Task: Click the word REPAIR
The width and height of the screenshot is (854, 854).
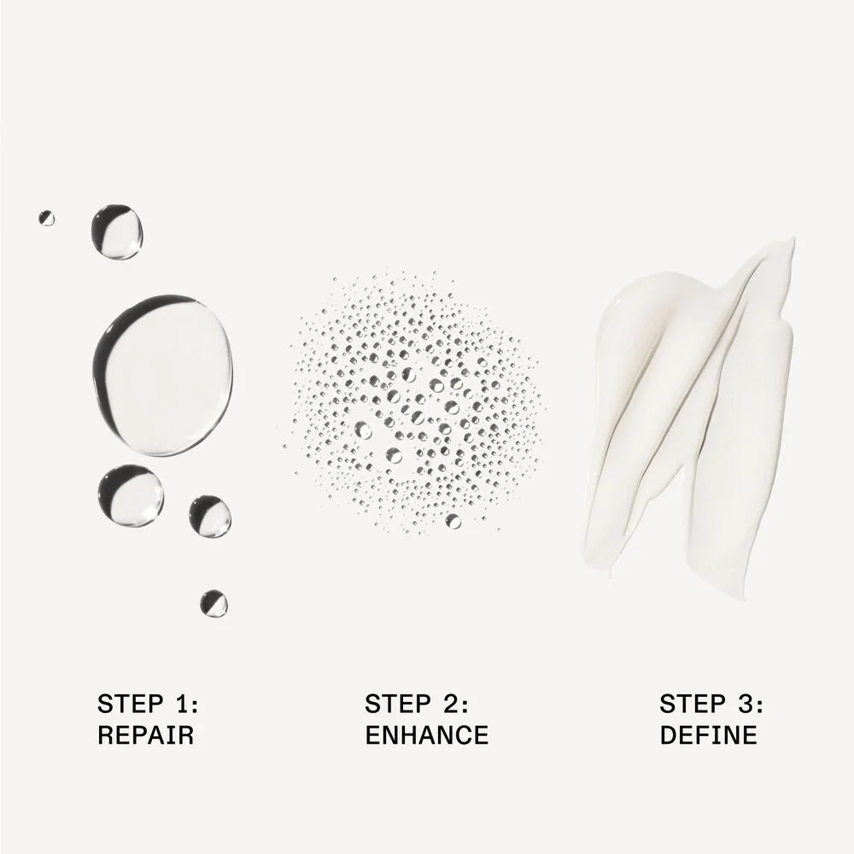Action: [145, 734]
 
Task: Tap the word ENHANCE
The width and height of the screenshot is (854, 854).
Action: [427, 734]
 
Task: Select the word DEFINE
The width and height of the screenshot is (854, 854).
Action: [709, 734]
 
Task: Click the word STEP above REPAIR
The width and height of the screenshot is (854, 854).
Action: [130, 704]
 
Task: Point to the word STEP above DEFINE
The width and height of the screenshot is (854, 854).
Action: [693, 704]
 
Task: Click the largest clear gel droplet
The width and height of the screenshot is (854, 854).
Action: [163, 375]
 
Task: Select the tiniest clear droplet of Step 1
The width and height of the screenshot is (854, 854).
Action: [46, 218]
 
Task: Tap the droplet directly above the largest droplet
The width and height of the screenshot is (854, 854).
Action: [116, 231]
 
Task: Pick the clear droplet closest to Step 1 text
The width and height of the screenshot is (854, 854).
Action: [213, 604]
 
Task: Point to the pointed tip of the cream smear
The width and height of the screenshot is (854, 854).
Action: [793, 240]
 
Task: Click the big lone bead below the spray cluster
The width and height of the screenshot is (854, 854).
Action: [453, 521]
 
